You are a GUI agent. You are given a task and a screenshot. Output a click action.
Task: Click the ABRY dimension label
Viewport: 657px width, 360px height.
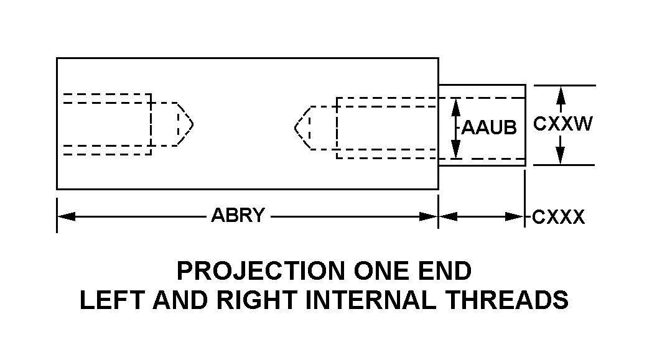point(238,216)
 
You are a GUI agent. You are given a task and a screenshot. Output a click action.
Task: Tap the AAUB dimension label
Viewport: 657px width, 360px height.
point(489,128)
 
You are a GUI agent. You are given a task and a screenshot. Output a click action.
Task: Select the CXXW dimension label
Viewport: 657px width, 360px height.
point(562,124)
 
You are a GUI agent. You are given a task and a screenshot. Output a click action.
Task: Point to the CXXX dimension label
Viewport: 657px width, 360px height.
point(558,217)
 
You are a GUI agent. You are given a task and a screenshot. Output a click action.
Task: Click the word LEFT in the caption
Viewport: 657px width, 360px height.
point(106,300)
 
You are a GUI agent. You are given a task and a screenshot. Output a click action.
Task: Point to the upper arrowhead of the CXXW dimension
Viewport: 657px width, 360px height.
point(561,94)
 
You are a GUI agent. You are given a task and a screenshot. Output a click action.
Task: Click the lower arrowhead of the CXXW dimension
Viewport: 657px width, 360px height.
point(561,155)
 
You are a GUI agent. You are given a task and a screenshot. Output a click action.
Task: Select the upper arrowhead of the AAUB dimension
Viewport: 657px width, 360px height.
point(456,106)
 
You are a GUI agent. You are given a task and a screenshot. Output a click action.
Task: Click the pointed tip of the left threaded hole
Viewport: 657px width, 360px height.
point(193,124)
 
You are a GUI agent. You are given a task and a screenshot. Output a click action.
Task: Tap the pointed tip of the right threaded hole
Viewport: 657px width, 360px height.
point(295,128)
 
